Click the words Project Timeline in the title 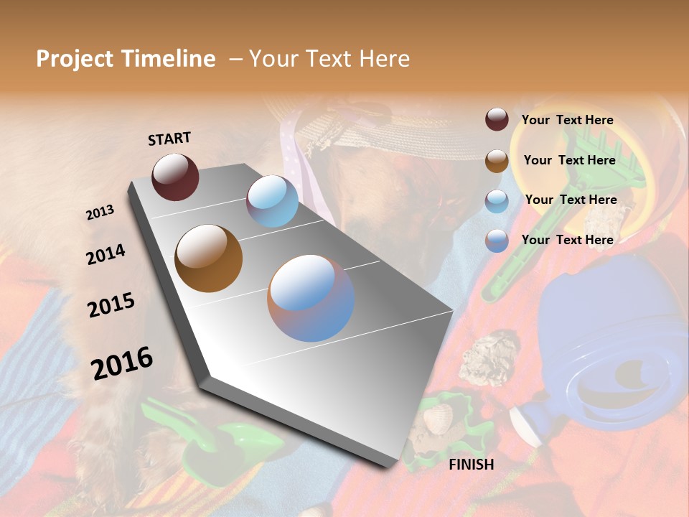pyautogui.click(x=126, y=59)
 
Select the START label pyautogui.click(x=169, y=139)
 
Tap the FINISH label pyautogui.click(x=471, y=465)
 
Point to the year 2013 pyautogui.click(x=100, y=213)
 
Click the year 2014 pyautogui.click(x=106, y=254)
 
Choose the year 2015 pyautogui.click(x=111, y=305)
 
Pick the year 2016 pyautogui.click(x=122, y=363)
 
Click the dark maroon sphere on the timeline pyautogui.click(x=175, y=177)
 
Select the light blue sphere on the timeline pyautogui.click(x=272, y=201)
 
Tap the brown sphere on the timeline pyautogui.click(x=208, y=258)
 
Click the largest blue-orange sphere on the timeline pyautogui.click(x=311, y=298)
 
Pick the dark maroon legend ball pyautogui.click(x=497, y=120)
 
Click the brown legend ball pyautogui.click(x=497, y=161)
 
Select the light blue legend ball pyautogui.click(x=497, y=201)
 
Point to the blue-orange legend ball pyautogui.click(x=497, y=241)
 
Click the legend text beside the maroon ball pyautogui.click(x=567, y=121)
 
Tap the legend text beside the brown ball pyautogui.click(x=569, y=160)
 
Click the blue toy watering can pyautogui.click(x=610, y=345)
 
